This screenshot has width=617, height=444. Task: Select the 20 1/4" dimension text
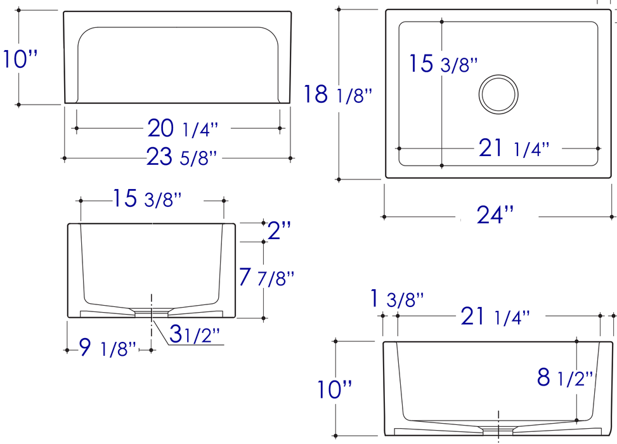click(x=183, y=129)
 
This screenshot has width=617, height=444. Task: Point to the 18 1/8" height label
click(x=337, y=95)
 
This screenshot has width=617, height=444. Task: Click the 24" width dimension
click(x=495, y=216)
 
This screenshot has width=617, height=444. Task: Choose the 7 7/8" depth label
click(x=266, y=277)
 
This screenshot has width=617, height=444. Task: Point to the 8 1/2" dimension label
click(x=565, y=378)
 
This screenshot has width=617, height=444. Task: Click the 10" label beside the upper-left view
click(x=21, y=60)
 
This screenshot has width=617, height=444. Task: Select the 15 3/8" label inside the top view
click(x=442, y=64)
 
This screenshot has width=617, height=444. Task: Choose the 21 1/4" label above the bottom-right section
click(x=495, y=316)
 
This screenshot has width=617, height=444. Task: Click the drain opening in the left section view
click(x=152, y=311)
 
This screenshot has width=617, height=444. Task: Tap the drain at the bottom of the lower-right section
click(x=499, y=429)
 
